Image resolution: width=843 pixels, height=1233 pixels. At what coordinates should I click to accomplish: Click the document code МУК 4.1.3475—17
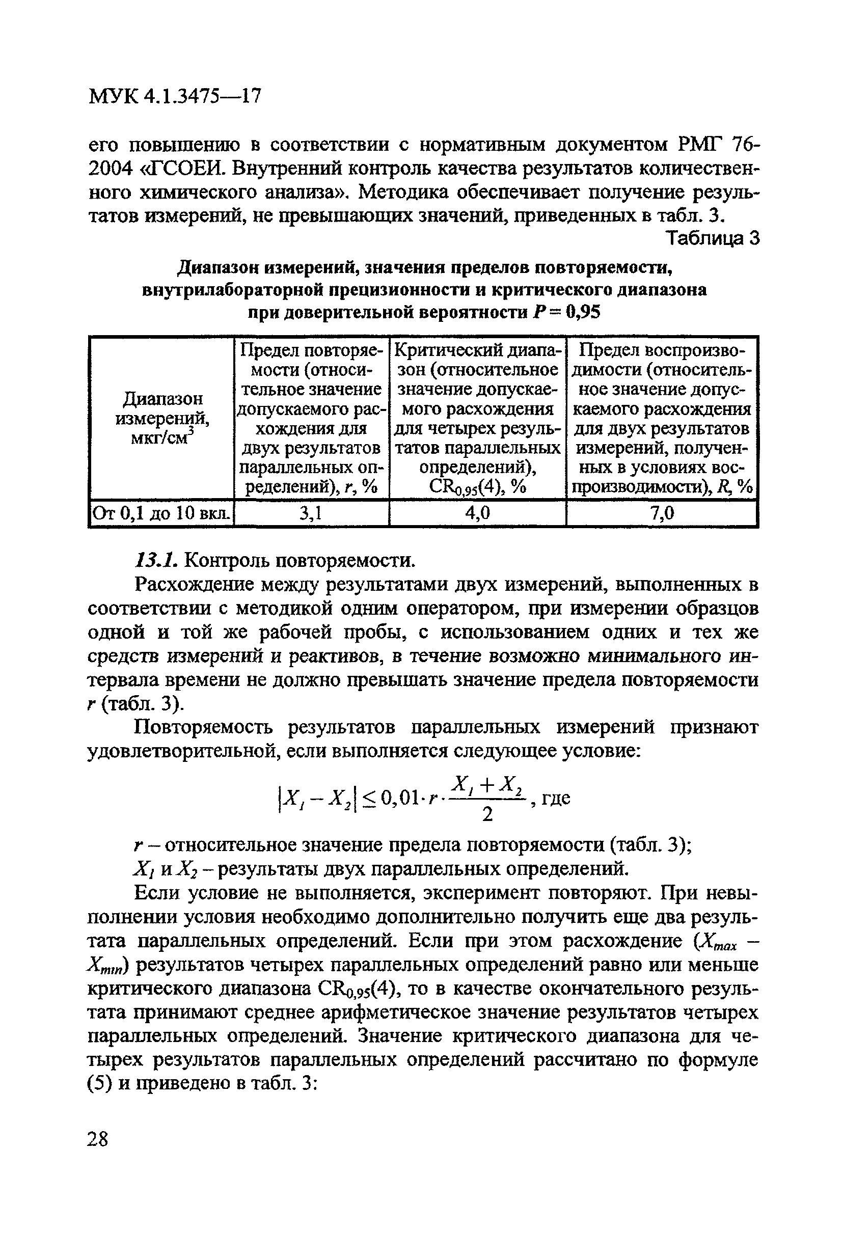(175, 97)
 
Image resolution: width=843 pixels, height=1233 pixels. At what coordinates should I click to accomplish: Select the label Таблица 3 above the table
(713, 238)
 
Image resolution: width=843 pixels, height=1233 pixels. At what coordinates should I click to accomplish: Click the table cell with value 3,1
(311, 513)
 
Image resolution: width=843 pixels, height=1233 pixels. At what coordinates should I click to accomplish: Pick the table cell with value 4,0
(477, 513)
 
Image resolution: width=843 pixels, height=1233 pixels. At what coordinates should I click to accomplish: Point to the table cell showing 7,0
(662, 513)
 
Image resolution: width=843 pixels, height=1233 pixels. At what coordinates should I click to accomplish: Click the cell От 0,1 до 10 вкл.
(162, 513)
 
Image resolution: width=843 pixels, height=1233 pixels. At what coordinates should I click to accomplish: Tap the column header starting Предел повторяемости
(311, 418)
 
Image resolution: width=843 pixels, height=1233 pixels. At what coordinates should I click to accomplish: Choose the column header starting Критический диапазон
(477, 418)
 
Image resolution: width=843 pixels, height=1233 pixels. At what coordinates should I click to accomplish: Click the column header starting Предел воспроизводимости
(662, 418)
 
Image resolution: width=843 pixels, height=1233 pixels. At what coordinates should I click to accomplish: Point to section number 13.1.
(157, 560)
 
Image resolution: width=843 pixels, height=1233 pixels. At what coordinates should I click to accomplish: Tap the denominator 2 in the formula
(487, 814)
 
